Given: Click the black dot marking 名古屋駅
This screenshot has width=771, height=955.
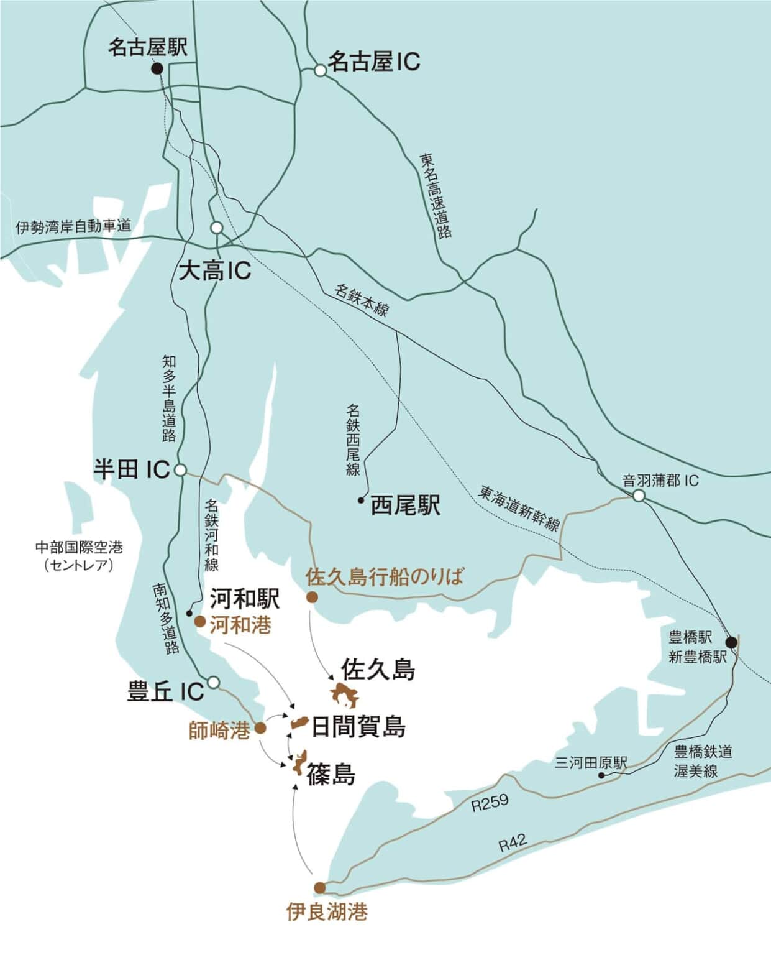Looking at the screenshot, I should tap(158, 69).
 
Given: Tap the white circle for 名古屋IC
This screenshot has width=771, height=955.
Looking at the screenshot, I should tap(320, 71).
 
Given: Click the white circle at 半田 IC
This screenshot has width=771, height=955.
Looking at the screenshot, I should tap(180, 470).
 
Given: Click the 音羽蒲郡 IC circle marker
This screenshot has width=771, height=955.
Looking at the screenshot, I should tap(639, 496).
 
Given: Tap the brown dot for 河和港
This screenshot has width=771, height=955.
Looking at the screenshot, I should tap(200, 621).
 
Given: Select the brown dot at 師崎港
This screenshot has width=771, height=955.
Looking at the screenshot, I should tap(261, 727).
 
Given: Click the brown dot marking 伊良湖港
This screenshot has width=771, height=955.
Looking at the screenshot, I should tap(319, 887).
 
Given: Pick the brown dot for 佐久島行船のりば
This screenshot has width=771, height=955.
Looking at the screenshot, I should tap(312, 597).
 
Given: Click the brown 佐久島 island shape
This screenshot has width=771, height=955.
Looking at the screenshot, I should tap(345, 695).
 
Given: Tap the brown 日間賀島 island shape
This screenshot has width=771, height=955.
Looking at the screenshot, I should tap(301, 723).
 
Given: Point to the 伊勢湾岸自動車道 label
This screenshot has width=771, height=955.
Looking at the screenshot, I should tap(73, 226).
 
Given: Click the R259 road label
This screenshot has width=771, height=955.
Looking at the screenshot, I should tap(490, 803).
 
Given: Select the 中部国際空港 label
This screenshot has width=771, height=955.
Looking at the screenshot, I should tap(79, 548).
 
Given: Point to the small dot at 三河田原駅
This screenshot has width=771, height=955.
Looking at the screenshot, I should tap(601, 776).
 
